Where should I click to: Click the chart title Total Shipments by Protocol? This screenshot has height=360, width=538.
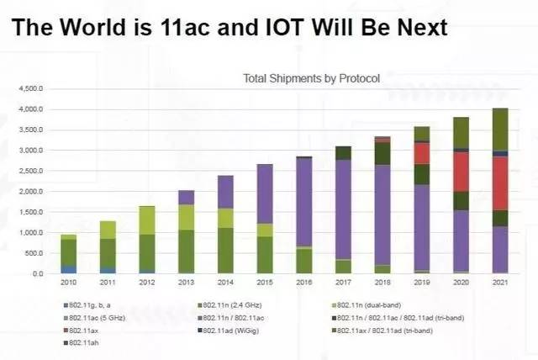[311, 79]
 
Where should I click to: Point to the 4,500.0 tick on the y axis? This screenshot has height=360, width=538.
[31, 88]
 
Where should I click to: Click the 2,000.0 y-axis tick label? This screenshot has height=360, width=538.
[31, 191]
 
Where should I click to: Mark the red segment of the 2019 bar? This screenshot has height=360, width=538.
[421, 153]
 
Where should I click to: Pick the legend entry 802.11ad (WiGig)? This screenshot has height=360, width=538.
[231, 331]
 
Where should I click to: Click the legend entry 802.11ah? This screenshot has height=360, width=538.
[85, 344]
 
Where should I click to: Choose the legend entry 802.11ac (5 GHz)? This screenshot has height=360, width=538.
[93, 318]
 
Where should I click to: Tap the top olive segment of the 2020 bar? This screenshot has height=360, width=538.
[461, 133]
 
